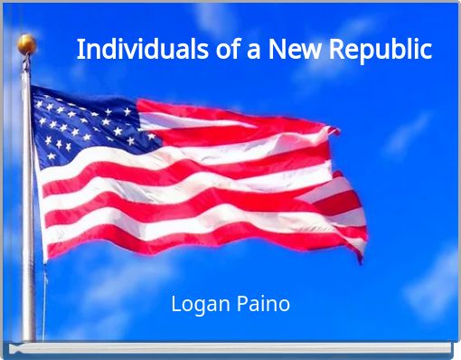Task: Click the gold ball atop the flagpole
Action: [26, 43]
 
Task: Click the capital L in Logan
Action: [175, 304]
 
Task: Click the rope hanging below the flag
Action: [44, 298]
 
